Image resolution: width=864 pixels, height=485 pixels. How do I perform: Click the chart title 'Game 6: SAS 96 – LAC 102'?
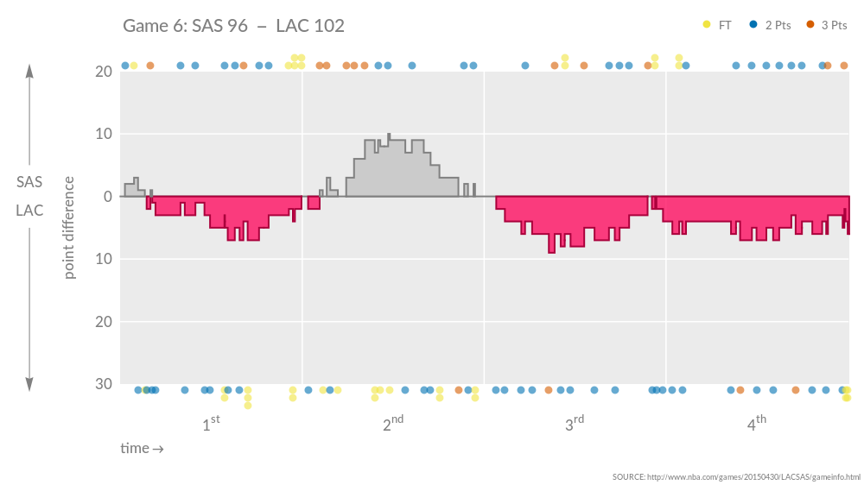point(233,26)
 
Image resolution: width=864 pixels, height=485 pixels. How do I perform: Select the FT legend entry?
point(717,25)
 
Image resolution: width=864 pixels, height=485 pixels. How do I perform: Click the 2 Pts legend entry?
point(771,25)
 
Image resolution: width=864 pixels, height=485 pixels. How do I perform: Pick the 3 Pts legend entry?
point(827,25)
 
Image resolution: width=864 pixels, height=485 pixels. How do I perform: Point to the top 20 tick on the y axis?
point(103,72)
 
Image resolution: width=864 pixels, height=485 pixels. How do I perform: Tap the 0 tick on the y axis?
point(108,197)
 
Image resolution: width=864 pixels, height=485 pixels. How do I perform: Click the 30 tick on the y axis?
point(103,384)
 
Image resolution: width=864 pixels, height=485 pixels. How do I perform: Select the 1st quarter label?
point(211,424)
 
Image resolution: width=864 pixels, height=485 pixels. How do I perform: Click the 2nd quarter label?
point(393,424)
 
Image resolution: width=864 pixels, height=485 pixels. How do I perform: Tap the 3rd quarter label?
point(575,424)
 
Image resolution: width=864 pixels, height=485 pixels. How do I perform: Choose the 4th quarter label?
point(757,424)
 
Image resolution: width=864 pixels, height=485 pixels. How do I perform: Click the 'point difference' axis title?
point(70,228)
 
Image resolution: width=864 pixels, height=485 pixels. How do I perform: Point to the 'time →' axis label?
point(142,449)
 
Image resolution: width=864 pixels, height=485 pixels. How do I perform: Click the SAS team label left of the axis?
point(29,182)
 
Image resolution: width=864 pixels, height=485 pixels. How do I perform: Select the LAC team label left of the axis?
point(29,211)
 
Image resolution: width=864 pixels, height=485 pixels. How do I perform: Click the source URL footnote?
point(736,477)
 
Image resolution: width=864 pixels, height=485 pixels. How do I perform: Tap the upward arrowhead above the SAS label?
point(29,71)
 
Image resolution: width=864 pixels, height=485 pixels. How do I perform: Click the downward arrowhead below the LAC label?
point(29,385)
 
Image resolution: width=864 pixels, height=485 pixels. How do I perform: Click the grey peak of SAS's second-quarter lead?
point(389,136)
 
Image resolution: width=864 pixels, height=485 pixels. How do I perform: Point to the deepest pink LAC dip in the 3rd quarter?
point(551,250)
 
